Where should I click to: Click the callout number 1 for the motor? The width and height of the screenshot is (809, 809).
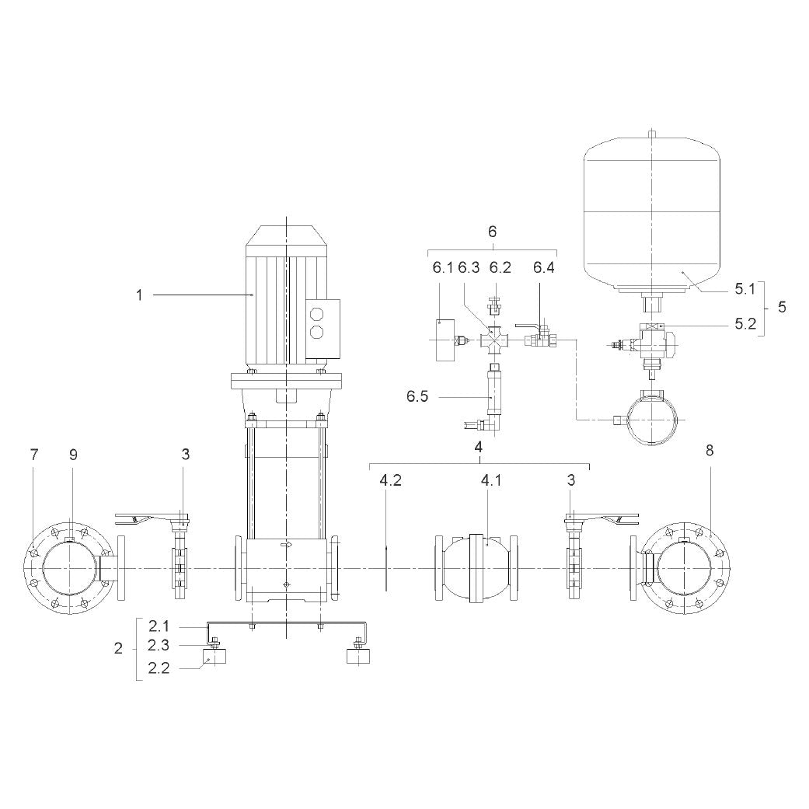[x=139, y=295]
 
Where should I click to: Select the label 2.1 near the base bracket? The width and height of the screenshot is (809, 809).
[x=159, y=626]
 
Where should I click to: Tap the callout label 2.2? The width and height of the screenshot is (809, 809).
[x=159, y=668]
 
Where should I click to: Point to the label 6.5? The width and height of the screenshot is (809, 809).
[x=417, y=397]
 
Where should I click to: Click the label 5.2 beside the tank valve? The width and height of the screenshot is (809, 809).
[x=745, y=324]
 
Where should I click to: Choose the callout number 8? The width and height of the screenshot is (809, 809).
[x=710, y=451]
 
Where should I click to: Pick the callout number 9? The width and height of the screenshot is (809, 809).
[x=73, y=455]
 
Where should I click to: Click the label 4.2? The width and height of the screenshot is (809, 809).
[x=391, y=480]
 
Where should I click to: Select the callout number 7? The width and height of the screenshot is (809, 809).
[x=34, y=455]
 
